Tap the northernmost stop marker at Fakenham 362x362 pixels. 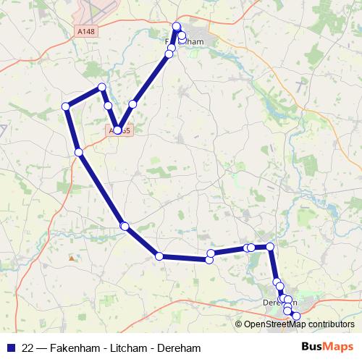coord(177,27)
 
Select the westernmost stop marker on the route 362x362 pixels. coord(66,106)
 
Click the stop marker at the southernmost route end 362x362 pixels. coord(295,316)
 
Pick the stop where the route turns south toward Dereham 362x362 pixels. coord(270,247)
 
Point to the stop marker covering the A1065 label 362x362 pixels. coord(118,130)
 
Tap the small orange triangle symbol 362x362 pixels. coord(71,258)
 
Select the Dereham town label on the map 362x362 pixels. coord(279,302)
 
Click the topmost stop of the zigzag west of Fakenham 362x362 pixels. coord(101,88)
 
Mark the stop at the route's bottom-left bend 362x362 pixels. coord(159,256)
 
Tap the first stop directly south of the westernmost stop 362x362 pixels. coord(78,152)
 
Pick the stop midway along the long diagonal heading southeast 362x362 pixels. coord(125,227)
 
